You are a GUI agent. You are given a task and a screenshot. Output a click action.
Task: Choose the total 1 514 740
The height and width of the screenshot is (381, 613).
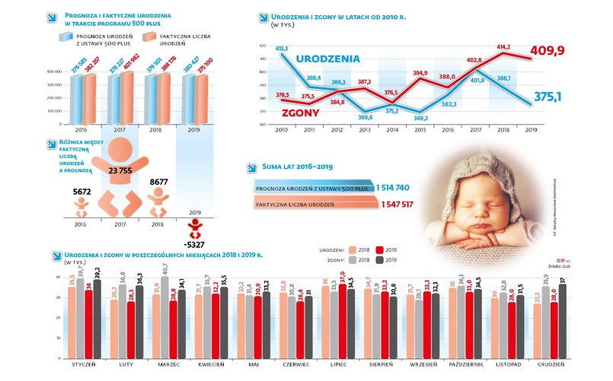pyautogui.click(x=394, y=187)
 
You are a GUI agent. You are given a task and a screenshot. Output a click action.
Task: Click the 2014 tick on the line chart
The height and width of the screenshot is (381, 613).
pyautogui.click(x=391, y=130)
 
